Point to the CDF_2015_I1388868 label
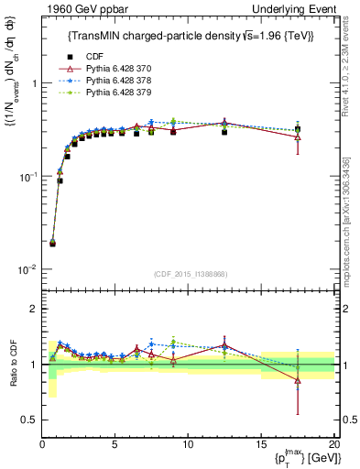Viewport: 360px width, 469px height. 190,274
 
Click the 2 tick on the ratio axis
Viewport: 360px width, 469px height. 33,309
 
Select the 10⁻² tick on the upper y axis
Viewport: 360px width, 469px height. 27,269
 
